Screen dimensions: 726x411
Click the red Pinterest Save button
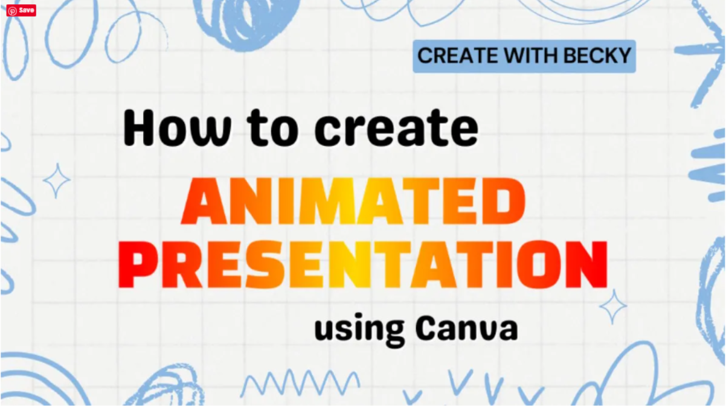click(21, 10)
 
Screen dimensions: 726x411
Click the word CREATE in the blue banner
click(458, 56)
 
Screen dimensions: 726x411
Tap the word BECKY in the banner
click(597, 56)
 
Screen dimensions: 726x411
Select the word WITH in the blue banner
click(530, 56)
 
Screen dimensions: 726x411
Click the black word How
click(177, 127)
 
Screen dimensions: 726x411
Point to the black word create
click(396, 127)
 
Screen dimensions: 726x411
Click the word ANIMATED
click(353, 201)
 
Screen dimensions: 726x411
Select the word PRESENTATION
click(362, 264)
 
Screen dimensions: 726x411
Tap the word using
click(360, 330)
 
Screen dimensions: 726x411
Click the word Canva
click(467, 328)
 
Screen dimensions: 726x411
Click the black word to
click(272, 127)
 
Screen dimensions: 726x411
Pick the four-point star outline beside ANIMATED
click(57, 180)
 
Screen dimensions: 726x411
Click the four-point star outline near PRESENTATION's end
click(613, 307)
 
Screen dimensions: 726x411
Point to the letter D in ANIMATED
click(503, 201)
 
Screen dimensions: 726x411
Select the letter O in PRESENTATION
click(539, 264)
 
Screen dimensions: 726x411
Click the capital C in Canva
click(428, 328)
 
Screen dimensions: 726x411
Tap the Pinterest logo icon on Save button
click(13, 11)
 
